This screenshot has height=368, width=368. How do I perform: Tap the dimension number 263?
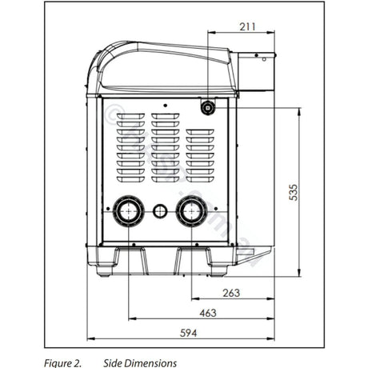(x=230, y=293)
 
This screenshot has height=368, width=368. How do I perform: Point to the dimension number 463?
(x=207, y=313)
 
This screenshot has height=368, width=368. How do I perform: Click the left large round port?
(x=126, y=211)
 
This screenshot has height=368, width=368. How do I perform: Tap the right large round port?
(x=191, y=211)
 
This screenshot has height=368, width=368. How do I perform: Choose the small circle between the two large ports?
(x=159, y=211)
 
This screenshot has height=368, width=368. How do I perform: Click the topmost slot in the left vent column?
(x=130, y=117)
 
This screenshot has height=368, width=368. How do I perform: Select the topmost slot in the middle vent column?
(x=165, y=117)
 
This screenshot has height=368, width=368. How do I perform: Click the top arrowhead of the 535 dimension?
(x=298, y=112)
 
